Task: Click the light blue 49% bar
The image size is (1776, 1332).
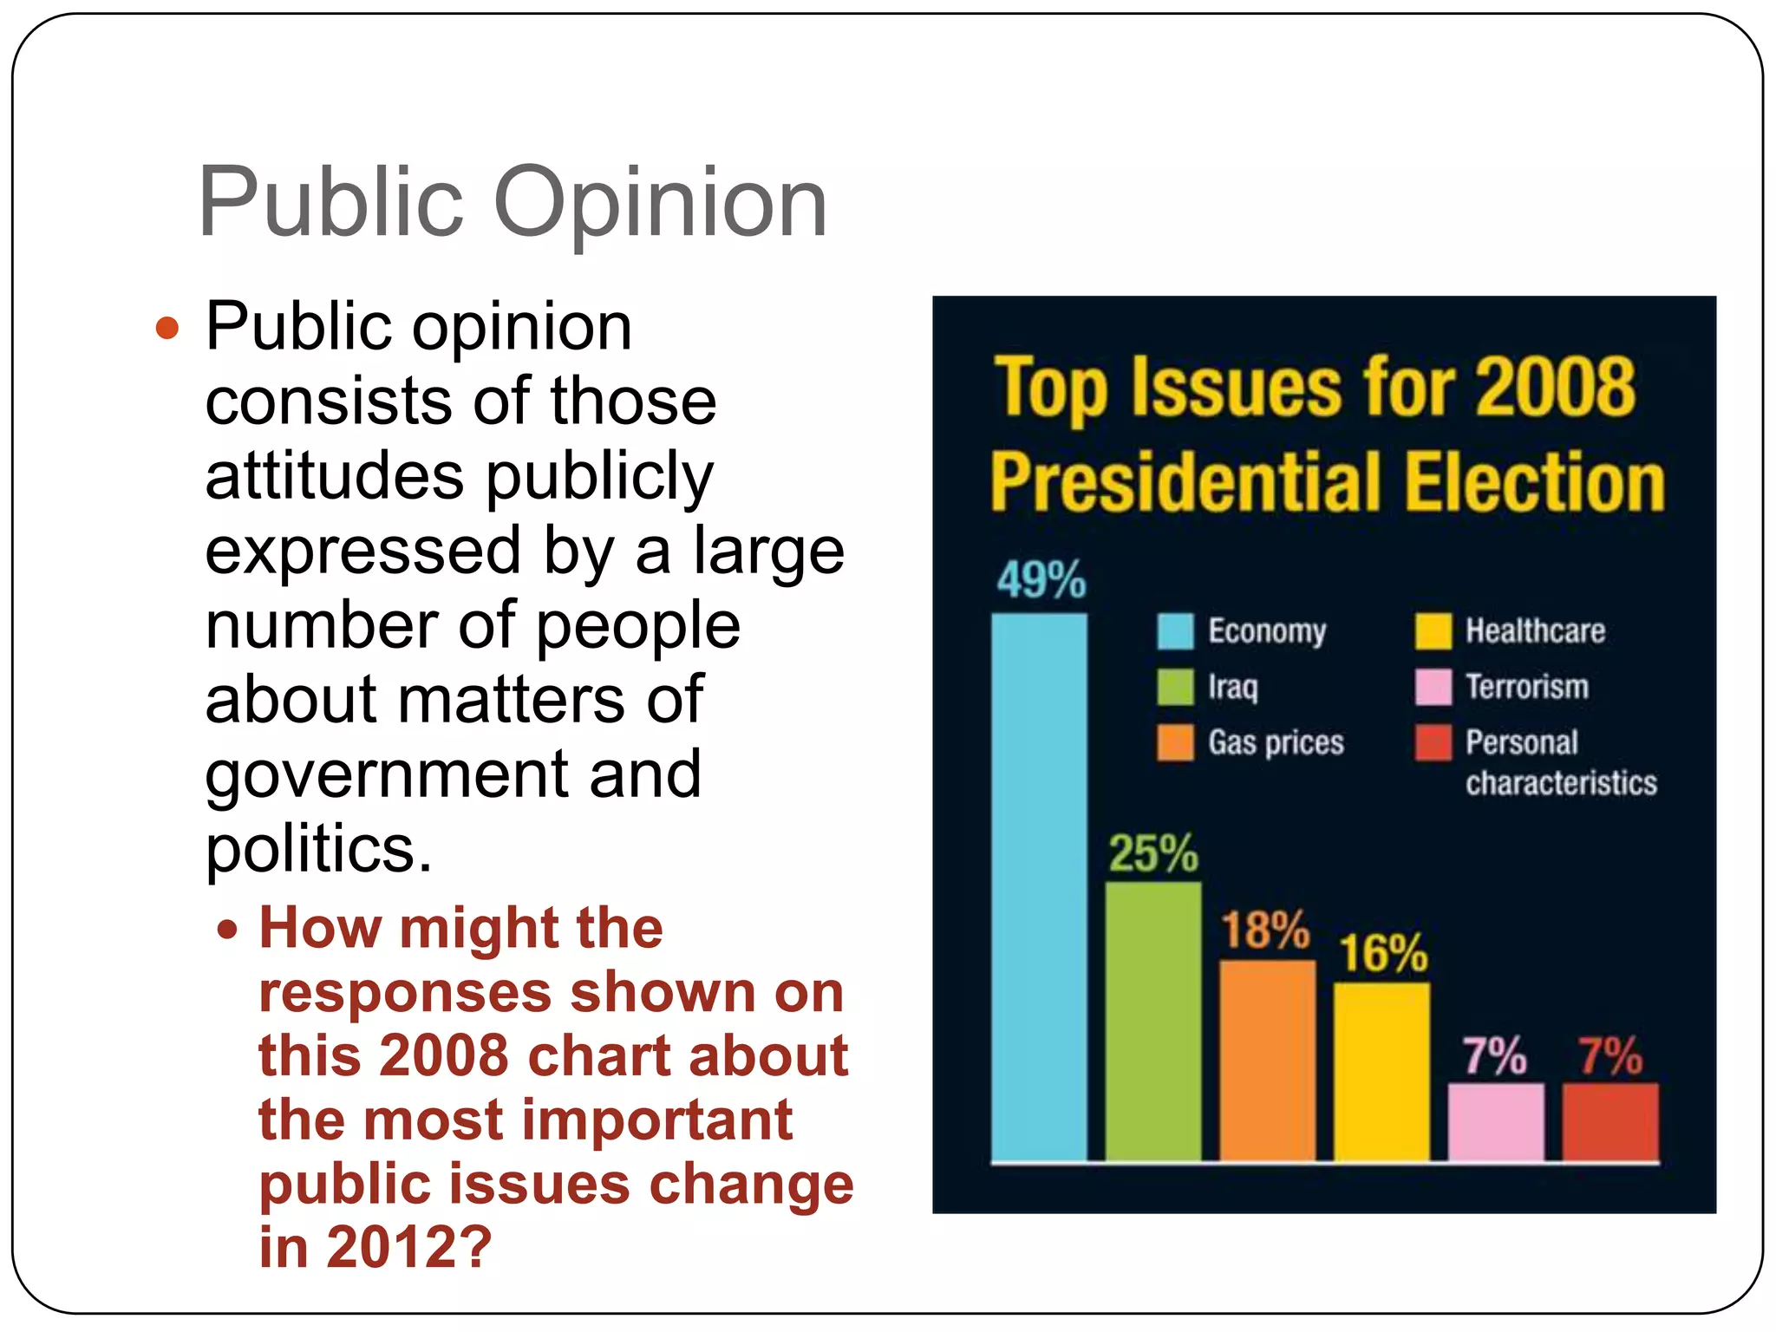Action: pos(1039,885)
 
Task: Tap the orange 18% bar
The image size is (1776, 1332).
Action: pos(1267,1059)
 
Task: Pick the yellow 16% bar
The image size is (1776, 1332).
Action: pos(1381,1070)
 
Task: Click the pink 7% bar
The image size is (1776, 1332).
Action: pos(1496,1120)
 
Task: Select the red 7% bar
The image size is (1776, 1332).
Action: pos(1610,1120)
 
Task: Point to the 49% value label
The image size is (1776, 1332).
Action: pos(1041,579)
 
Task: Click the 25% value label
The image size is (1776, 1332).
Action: pos(1153,853)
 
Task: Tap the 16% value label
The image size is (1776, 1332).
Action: pos(1384,953)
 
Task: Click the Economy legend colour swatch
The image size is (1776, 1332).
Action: pos(1175,631)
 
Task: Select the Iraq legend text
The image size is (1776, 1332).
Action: pos(1232,687)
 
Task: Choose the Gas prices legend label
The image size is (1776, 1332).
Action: pos(1276,743)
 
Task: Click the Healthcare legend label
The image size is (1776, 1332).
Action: pos(1535,630)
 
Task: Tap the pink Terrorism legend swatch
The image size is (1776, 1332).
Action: pos(1433,687)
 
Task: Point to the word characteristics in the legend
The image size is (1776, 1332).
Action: pos(1561,783)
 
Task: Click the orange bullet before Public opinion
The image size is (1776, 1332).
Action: pos(166,329)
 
